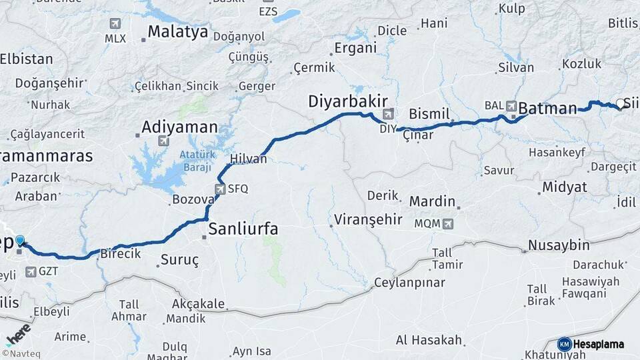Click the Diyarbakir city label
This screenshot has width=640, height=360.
click(347, 101)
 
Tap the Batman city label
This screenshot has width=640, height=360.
click(547, 108)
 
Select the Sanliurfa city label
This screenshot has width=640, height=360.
click(243, 229)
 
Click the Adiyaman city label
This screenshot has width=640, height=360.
click(180, 127)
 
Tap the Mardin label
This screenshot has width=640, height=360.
click(432, 201)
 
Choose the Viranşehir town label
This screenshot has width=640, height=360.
click(368, 219)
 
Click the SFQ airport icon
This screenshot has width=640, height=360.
click(220, 189)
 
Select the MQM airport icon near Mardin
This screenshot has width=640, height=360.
click(447, 223)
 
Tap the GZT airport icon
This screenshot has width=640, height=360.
click(31, 272)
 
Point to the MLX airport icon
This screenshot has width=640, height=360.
click(115, 24)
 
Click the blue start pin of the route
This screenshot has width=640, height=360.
click(20, 241)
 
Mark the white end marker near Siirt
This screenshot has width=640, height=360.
click(620, 104)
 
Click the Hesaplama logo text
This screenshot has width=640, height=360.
click(598, 344)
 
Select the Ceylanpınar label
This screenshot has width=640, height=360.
click(409, 283)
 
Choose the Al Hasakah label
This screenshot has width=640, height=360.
click(429, 340)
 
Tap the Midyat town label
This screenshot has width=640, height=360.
click(564, 187)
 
